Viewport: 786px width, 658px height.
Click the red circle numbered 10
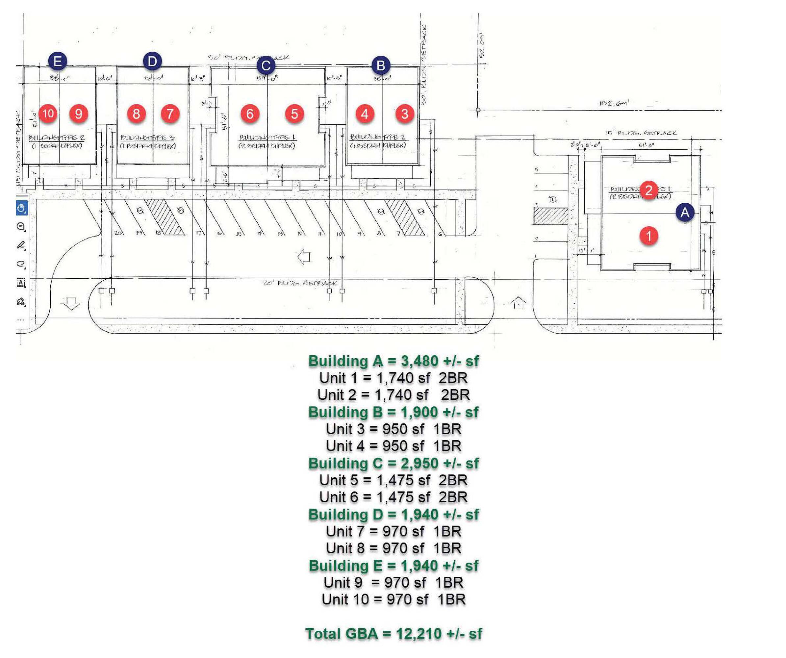(x=48, y=114)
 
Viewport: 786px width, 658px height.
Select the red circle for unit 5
(x=294, y=114)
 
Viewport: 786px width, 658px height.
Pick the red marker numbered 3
(x=405, y=114)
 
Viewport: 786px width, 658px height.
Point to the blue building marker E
(x=57, y=61)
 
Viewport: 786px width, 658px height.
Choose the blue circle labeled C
(x=266, y=66)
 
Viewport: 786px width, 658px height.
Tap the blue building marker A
(x=685, y=213)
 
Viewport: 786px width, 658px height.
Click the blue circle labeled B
(x=381, y=65)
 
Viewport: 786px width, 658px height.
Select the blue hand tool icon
(x=22, y=208)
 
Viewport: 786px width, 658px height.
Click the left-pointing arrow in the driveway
(x=304, y=257)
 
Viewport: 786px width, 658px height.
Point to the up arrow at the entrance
(x=519, y=303)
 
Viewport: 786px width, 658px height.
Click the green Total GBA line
(x=393, y=634)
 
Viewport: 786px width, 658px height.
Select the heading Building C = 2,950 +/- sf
(x=393, y=463)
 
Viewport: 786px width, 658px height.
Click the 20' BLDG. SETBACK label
(x=299, y=283)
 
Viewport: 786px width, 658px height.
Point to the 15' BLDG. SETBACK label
(x=641, y=133)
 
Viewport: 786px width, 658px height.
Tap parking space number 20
(x=118, y=233)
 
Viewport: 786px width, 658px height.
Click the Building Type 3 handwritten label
(x=147, y=138)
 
